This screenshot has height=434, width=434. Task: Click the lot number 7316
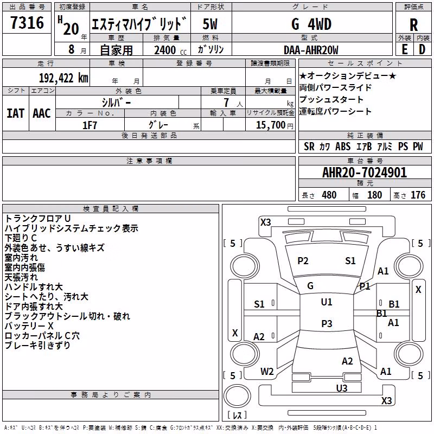[27, 23]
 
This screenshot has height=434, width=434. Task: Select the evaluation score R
[413, 25]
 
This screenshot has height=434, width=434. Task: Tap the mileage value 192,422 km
[63, 78]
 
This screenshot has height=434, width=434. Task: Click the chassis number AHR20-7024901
[365, 173]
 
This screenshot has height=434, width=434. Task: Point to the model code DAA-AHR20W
[311, 50]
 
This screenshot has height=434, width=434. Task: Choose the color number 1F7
[90, 125]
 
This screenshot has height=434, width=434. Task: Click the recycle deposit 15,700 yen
[275, 125]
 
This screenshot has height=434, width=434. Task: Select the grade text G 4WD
[311, 24]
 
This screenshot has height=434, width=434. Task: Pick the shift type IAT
[16, 113]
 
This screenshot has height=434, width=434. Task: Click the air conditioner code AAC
[42, 113]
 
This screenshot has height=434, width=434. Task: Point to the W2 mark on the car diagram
[267, 372]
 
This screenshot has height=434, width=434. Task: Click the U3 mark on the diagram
[342, 388]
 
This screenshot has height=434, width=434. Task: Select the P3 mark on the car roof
[327, 323]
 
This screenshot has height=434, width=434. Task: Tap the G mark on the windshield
[310, 286]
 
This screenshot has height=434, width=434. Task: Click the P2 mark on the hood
[303, 261]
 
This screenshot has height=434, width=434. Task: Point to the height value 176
[418, 195]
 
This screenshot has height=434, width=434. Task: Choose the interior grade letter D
[422, 49]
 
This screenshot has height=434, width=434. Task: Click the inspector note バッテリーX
[29, 326]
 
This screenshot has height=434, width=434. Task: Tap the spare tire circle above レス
[237, 396]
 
